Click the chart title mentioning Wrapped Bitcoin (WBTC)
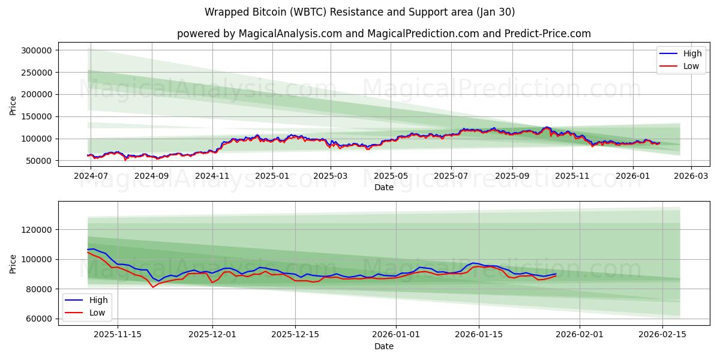[359, 12]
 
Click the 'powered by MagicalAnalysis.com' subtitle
[383, 34]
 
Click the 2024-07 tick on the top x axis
[90, 176]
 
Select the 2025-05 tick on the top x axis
[391, 176]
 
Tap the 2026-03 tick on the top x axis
[691, 176]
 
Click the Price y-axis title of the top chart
[13, 106]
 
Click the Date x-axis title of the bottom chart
[383, 346]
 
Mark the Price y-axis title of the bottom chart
[13, 263]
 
